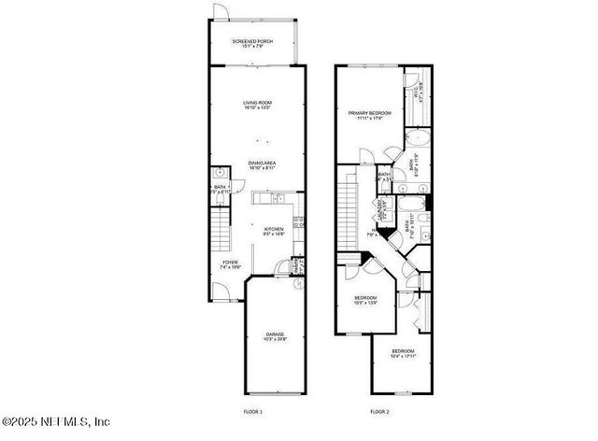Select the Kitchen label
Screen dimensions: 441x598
click(x=273, y=232)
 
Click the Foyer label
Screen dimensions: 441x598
click(x=230, y=264)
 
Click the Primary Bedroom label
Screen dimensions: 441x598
click(x=370, y=115)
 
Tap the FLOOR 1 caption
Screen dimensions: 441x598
click(x=253, y=411)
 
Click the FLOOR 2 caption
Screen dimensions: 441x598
click(x=379, y=411)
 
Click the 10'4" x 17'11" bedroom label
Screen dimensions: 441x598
click(x=403, y=354)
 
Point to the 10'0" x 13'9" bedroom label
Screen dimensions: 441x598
click(x=364, y=302)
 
